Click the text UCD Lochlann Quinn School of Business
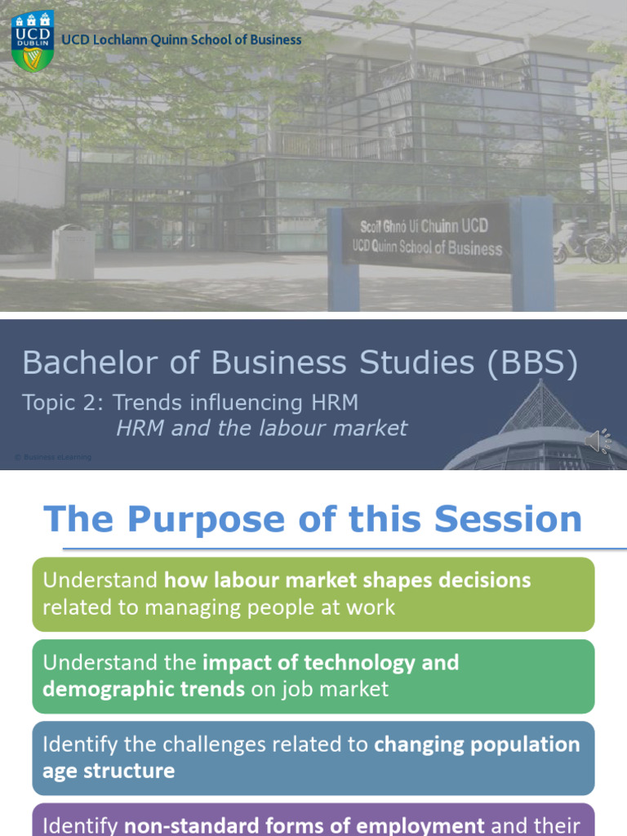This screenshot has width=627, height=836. click(182, 40)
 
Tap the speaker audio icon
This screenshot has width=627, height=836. click(598, 441)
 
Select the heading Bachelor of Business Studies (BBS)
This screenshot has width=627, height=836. click(300, 362)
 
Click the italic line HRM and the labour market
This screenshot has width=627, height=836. click(261, 428)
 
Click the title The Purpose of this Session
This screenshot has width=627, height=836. click(313, 519)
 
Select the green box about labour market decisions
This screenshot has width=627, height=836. click(313, 594)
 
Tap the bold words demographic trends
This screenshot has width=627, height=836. click(144, 689)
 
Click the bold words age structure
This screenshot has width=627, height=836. click(109, 771)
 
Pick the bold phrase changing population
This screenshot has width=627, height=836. click(477, 744)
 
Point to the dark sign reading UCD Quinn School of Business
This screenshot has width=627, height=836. click(426, 236)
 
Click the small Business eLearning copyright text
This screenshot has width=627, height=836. click(53, 457)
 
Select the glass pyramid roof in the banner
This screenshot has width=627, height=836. click(543, 408)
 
